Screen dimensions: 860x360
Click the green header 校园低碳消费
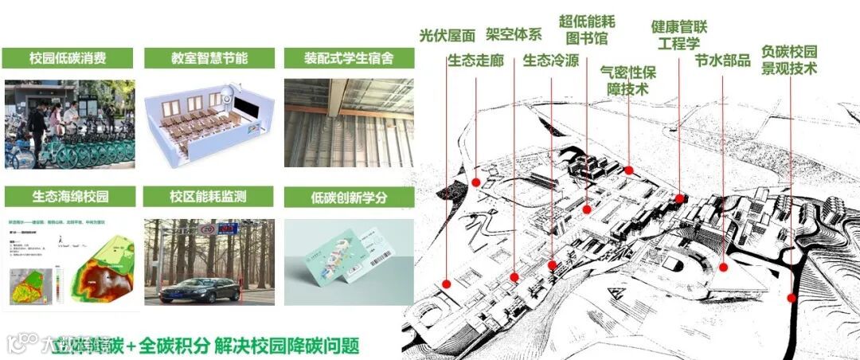click(68, 58)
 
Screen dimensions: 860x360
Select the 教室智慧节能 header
click(209, 58)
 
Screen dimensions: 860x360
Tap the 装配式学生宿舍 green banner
click(349, 58)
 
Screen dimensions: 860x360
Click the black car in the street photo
click(199, 290)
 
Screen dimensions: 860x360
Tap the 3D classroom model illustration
click(209, 120)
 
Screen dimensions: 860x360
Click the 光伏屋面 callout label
click(447, 35)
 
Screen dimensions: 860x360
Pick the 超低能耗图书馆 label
click(587, 29)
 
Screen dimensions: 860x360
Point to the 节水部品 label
click(722, 61)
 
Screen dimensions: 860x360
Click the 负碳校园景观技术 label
click(789, 61)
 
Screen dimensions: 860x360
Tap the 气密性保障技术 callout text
click(628, 80)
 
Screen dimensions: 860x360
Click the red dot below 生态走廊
click(476, 182)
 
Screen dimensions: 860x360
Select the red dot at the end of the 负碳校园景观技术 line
click(792, 298)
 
